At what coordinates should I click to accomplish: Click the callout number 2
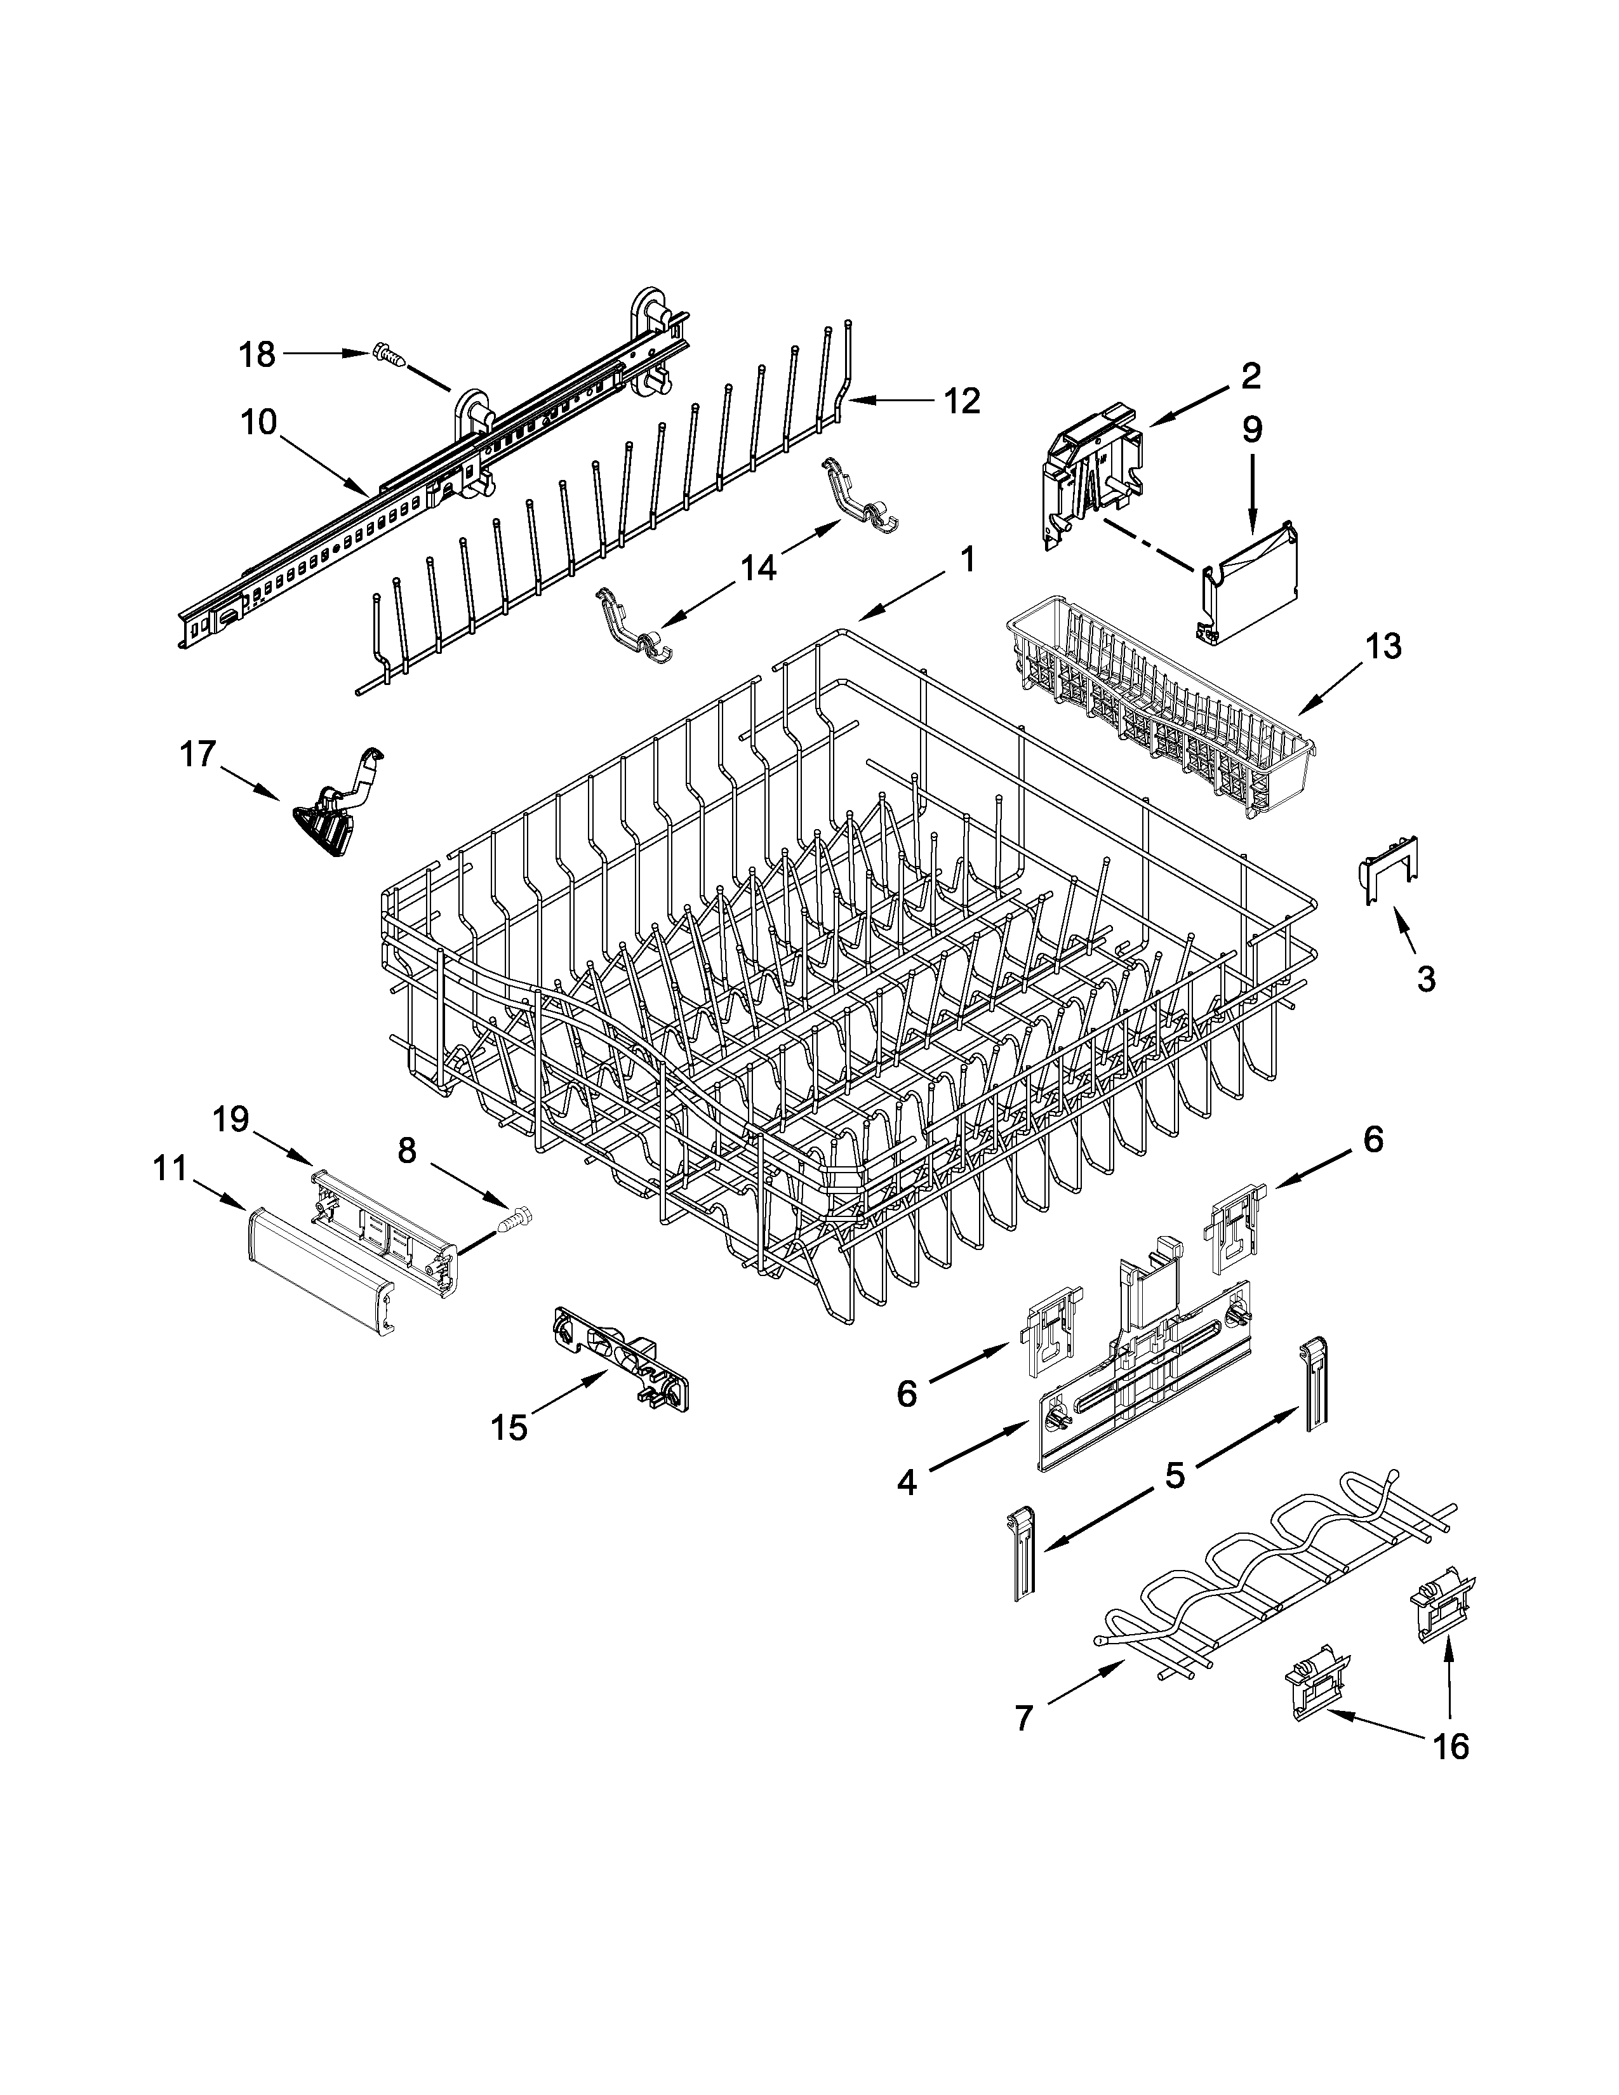point(1251,375)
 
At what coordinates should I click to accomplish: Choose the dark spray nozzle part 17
point(336,811)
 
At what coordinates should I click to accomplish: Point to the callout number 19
point(230,1119)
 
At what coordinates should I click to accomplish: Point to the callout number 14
point(757,568)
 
